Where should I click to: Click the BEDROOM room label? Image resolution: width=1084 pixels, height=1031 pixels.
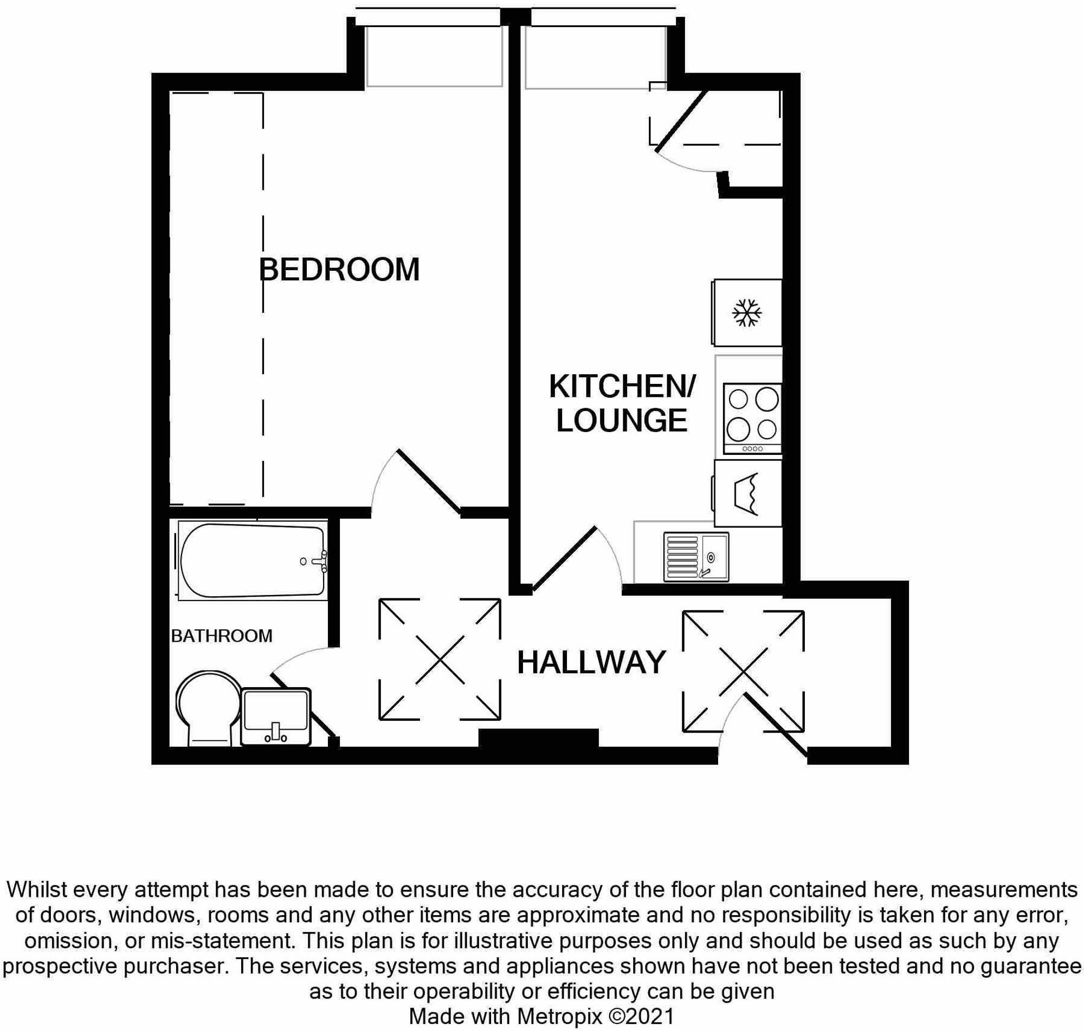339,269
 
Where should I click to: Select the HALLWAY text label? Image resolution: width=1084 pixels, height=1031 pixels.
591,662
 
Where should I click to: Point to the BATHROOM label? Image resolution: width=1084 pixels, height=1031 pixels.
222,636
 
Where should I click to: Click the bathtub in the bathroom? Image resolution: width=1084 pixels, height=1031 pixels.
252,560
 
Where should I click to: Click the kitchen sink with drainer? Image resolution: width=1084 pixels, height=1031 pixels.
695,557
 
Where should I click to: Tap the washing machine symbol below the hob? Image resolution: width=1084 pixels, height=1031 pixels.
747,493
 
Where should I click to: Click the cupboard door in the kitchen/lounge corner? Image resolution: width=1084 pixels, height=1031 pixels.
680,121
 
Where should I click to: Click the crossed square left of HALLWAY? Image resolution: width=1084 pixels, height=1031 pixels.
440,659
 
